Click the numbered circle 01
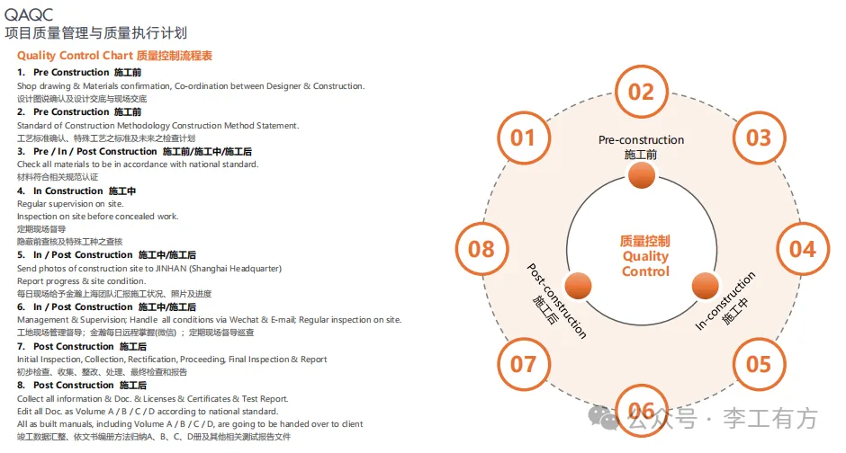(523, 138)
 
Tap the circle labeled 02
(641, 91)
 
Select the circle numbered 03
(759, 138)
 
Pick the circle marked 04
(802, 249)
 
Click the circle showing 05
(759, 363)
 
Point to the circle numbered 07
(523, 363)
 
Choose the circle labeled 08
(481, 249)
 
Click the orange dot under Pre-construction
(641, 177)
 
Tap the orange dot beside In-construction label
(704, 286)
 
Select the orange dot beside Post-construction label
(579, 286)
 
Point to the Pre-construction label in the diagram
(641, 140)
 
